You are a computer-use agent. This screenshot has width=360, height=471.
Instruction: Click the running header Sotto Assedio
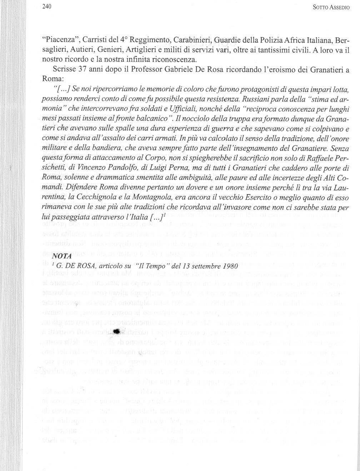[332, 7]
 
